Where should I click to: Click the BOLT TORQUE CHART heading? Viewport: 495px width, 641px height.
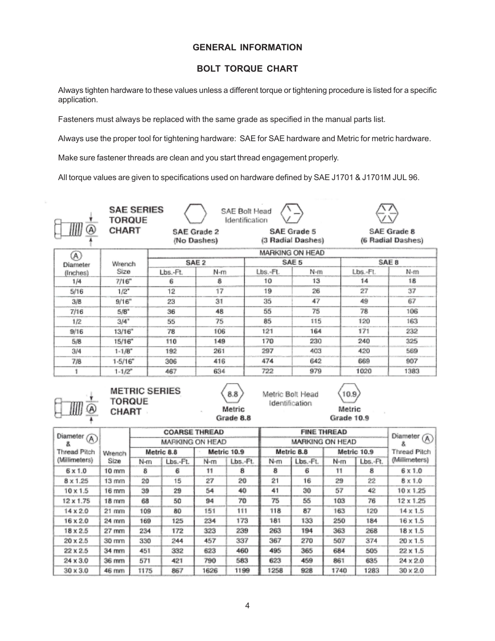[247, 69]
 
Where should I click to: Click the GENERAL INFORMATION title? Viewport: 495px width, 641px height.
[247, 47]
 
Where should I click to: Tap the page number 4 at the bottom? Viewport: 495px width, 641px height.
[247, 605]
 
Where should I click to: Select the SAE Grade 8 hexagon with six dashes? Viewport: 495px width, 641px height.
[387, 213]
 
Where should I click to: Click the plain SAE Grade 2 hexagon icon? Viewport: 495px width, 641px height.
[195, 213]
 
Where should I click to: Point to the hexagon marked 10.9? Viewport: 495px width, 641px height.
[349, 394]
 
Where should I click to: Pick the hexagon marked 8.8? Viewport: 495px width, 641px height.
[232, 394]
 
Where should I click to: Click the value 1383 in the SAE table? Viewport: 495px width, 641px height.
[412, 371]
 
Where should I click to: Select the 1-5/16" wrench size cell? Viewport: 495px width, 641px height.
[123, 361]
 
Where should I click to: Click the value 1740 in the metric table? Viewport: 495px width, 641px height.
[339, 570]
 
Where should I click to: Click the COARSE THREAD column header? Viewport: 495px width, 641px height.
[194, 432]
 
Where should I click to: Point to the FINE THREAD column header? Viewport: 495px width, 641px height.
[323, 432]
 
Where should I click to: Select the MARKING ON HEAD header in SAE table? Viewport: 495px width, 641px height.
[292, 253]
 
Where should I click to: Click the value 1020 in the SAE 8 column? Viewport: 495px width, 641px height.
[364, 371]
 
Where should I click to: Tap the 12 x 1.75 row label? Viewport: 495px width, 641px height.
[76, 501]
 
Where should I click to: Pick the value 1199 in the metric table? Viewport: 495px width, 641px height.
[242, 570]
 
